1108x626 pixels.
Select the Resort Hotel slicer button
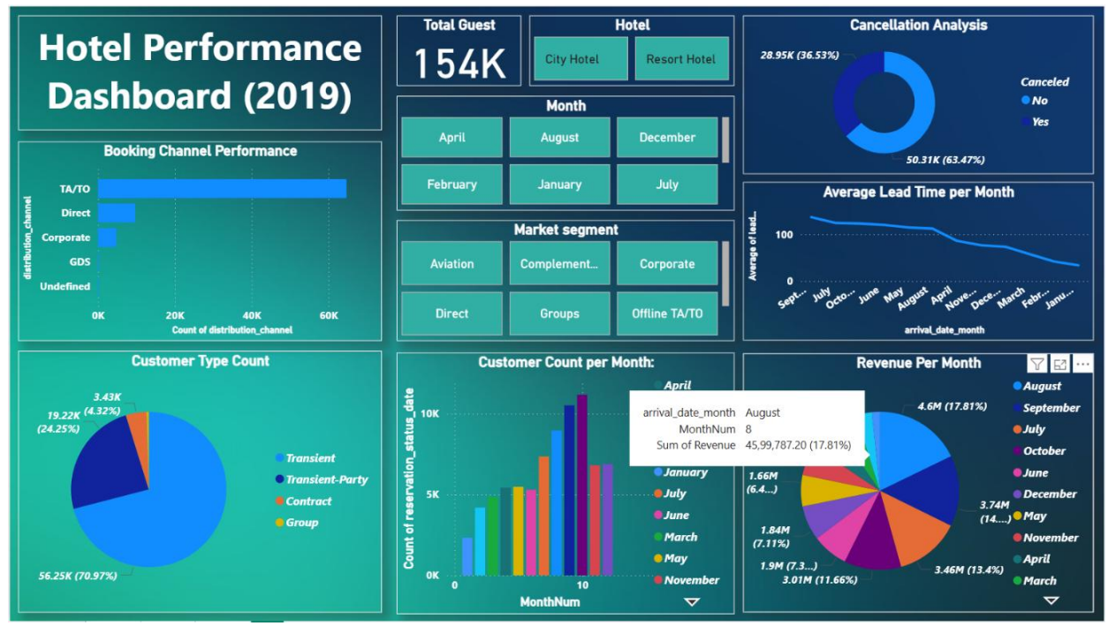click(x=681, y=59)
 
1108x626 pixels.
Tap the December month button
click(x=667, y=138)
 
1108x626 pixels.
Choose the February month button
click(x=452, y=185)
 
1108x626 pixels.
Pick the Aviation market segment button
click(x=452, y=264)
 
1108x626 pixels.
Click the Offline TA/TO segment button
click(x=667, y=313)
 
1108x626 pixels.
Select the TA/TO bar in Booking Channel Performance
click(x=222, y=188)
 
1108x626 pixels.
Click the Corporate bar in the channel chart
click(x=107, y=238)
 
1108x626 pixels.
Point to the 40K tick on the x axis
click(x=253, y=315)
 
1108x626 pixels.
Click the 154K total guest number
click(x=459, y=64)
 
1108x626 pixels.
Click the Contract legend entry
click(x=308, y=501)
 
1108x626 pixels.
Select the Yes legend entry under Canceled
click(x=1040, y=122)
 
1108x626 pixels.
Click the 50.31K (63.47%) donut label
click(x=945, y=160)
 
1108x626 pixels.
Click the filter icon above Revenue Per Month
click(x=1037, y=364)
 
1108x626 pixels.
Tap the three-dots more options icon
click(x=1083, y=364)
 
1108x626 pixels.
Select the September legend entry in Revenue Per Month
click(x=1051, y=408)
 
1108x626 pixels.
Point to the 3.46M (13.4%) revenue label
click(x=969, y=569)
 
